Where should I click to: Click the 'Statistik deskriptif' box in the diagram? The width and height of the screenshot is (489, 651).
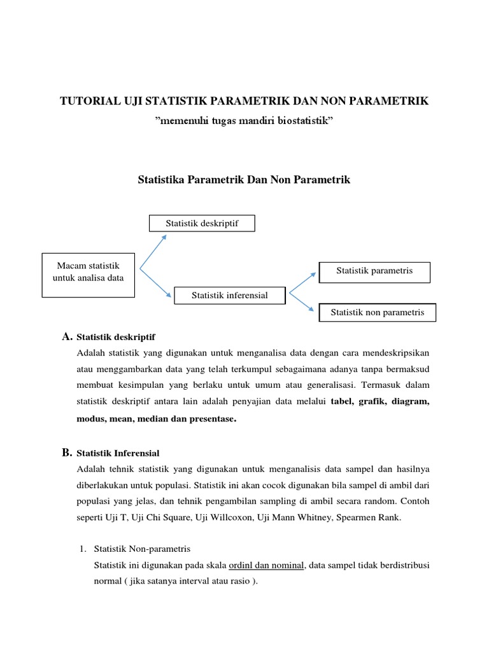[202, 224]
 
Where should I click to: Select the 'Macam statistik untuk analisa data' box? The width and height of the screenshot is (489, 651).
[89, 275]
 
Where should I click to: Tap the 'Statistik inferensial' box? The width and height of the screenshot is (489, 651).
[230, 295]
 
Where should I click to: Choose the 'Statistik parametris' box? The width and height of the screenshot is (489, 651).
[374, 271]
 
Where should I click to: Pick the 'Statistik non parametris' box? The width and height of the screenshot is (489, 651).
[376, 312]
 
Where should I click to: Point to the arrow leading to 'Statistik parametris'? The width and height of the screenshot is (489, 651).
[303, 283]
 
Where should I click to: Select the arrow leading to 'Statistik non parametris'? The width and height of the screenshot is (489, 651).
[302, 303]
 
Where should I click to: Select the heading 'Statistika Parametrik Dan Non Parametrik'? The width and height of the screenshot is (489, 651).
[244, 180]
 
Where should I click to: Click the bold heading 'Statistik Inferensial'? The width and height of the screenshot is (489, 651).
[118, 453]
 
